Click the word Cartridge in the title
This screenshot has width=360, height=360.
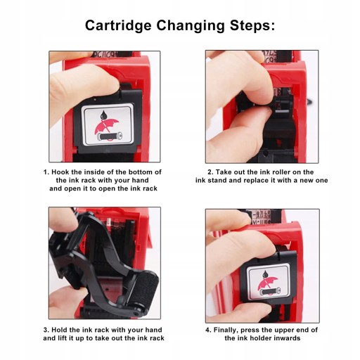click(x=118, y=25)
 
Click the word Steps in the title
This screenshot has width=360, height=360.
click(x=252, y=25)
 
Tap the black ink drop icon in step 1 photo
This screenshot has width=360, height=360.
click(x=103, y=115)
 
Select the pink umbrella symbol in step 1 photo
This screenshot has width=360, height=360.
click(x=106, y=128)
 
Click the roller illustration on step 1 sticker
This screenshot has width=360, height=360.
click(x=110, y=136)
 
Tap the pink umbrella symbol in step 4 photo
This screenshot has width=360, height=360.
click(x=267, y=285)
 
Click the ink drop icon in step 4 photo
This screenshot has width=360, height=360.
click(x=265, y=274)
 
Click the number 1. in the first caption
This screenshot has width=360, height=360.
click(x=46, y=172)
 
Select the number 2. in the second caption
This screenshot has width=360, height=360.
click(x=211, y=172)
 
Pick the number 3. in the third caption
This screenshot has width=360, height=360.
click(x=46, y=330)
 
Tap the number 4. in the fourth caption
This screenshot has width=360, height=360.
click(x=208, y=330)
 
